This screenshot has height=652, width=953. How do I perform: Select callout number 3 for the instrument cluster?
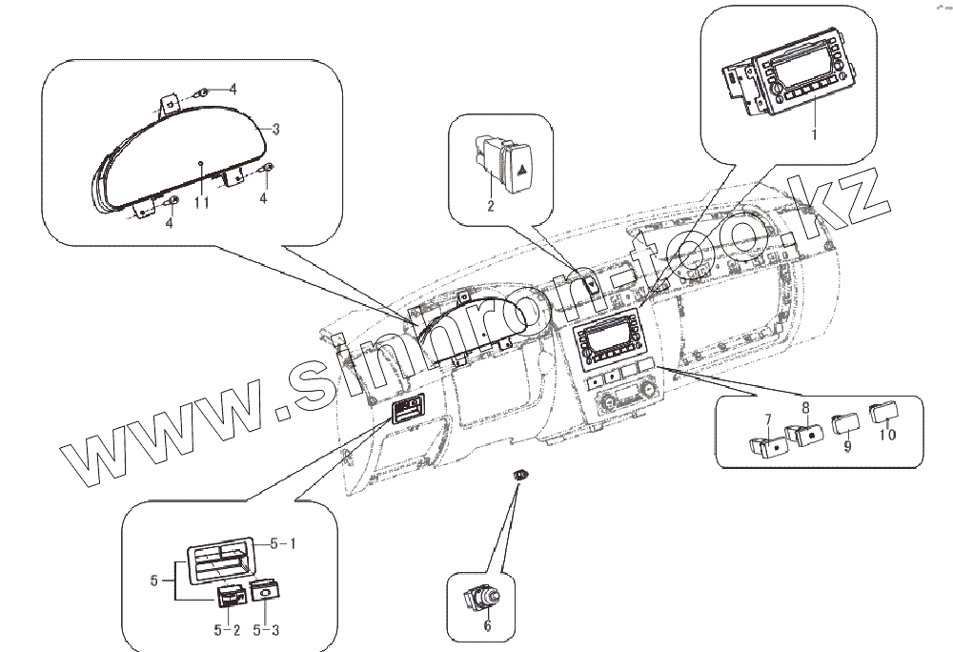[x=275, y=129]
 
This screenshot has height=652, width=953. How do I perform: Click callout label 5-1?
[x=284, y=544]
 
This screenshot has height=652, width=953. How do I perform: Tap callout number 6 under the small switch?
[x=487, y=626]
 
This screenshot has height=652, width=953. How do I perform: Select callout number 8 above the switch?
[x=805, y=407]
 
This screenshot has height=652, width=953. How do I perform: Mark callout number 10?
[x=887, y=436]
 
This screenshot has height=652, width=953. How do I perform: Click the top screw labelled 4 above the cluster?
[x=205, y=92]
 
